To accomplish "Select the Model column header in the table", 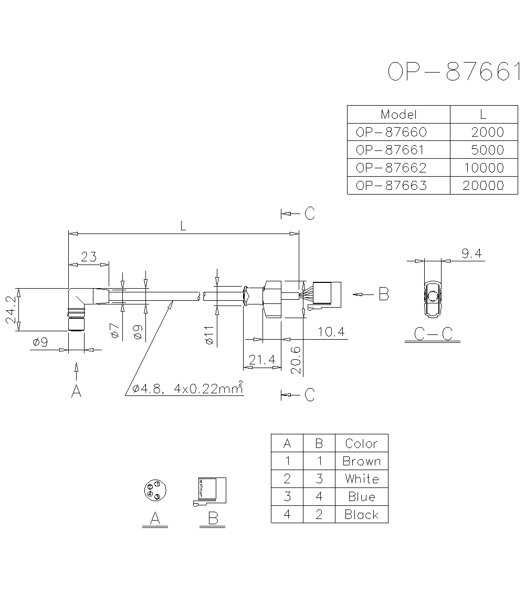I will click(x=398, y=115).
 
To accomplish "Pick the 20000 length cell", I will click(x=483, y=186).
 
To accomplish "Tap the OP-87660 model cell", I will click(x=391, y=132).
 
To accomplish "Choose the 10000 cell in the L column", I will click(x=483, y=168).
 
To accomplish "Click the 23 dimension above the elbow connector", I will click(x=89, y=257).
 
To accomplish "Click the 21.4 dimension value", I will click(x=262, y=360).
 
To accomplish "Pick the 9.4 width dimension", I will click(x=471, y=254).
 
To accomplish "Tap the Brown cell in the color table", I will click(x=361, y=461).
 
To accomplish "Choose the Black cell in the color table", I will click(x=361, y=515).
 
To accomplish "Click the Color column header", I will click(x=361, y=443).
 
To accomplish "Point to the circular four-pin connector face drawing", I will click(x=154, y=491).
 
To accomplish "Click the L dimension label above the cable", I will click(x=183, y=226).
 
